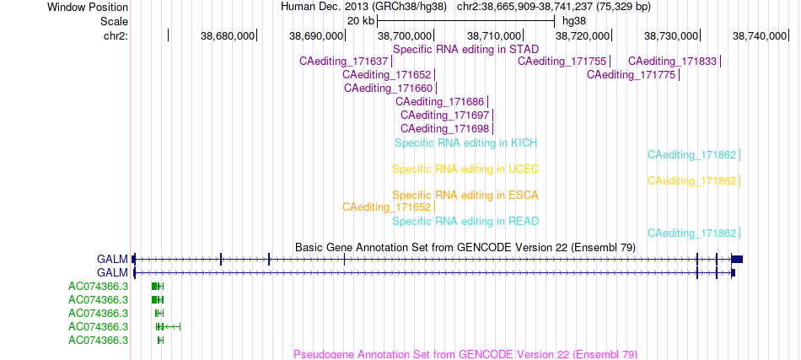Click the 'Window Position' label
pos(88,7)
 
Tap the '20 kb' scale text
pos(361,21)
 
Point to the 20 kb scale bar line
pos(466,21)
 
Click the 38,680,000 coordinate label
pos(228,35)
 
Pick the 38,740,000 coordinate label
pos(760,35)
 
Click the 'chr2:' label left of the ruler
pos(116,35)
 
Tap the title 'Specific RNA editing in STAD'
pos(466,50)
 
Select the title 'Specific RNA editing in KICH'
pos(466,143)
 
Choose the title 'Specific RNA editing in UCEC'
pos(466,169)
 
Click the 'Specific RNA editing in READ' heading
pos(466,222)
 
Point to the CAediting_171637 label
pos(344,62)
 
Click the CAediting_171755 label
pos(562,62)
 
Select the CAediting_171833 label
pos(673,62)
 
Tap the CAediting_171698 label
pos(445,128)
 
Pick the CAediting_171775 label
pos(632,74)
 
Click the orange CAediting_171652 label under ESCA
pos(387,207)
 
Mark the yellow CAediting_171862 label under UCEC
pos(692,180)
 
